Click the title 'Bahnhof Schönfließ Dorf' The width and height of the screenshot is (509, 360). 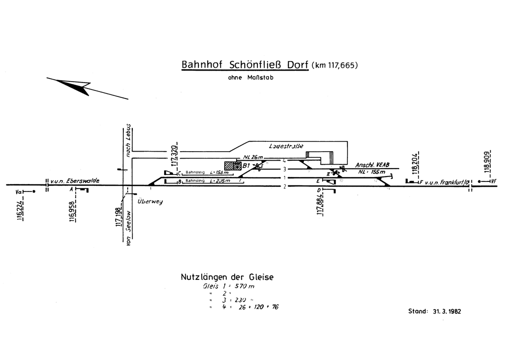[x=245, y=65]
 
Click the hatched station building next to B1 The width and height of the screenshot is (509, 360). [x=233, y=165]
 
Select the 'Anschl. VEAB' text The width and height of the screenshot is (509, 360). [x=372, y=165]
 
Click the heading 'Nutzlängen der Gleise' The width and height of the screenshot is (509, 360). [x=227, y=277]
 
